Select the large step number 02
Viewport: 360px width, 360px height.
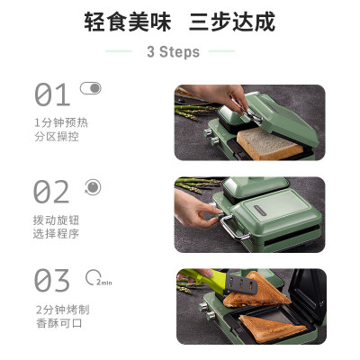51,192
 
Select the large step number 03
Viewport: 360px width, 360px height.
51,280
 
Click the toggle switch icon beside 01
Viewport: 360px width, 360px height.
90,88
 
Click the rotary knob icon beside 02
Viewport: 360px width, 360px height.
92,186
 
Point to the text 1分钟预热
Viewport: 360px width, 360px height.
60,121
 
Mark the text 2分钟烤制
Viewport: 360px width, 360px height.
60,309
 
